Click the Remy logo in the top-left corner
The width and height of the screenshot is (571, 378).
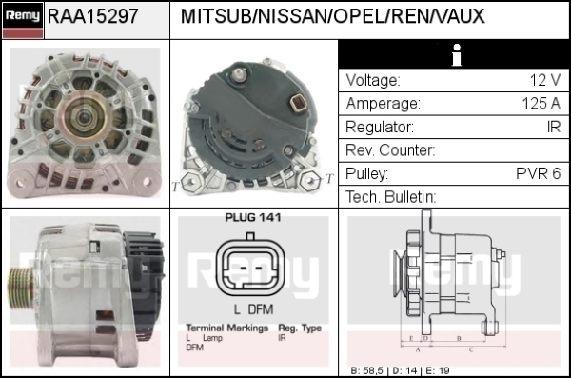(23, 20)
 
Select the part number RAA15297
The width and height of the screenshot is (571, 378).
(93, 16)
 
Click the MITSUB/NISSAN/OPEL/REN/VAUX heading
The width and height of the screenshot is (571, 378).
(332, 16)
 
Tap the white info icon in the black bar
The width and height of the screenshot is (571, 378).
(456, 55)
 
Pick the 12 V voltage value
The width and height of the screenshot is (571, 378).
(544, 80)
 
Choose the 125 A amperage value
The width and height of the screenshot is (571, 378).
(541, 104)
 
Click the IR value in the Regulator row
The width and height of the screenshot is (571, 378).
(554, 127)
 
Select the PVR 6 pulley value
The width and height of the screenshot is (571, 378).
(539, 173)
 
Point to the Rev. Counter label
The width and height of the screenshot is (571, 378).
(390, 150)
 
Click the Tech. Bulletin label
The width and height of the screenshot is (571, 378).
(391, 197)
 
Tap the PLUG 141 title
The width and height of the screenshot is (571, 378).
(253, 218)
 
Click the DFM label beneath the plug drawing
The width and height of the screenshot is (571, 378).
(261, 309)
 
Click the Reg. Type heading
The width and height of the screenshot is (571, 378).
(300, 328)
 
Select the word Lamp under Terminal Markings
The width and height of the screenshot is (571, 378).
(212, 338)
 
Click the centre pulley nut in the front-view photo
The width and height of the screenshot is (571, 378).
(85, 117)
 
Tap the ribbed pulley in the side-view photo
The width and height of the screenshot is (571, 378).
(21, 288)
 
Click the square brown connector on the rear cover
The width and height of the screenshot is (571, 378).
(298, 103)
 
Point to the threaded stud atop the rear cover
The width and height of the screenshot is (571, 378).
(238, 75)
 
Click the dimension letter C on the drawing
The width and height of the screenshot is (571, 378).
(471, 350)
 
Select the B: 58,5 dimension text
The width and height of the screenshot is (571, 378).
(366, 371)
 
